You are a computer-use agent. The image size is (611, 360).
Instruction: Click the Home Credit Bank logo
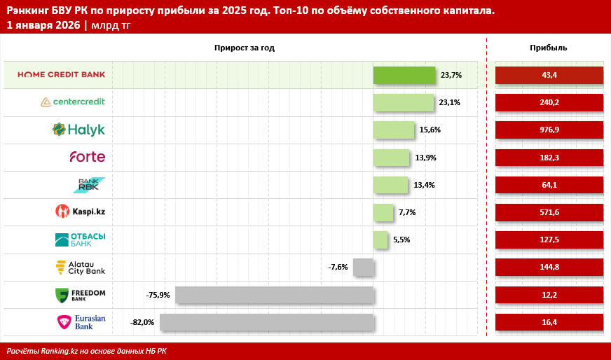click(61, 74)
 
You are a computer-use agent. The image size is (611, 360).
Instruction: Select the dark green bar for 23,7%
click(404, 75)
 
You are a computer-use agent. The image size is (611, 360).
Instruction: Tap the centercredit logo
click(73, 102)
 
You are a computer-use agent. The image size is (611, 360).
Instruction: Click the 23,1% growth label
click(449, 102)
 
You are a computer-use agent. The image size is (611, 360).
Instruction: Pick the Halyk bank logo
click(78, 130)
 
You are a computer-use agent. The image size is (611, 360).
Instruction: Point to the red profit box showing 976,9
click(549, 130)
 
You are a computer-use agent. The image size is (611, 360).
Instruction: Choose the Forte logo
click(87, 157)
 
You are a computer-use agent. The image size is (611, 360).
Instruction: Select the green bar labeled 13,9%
click(391, 157)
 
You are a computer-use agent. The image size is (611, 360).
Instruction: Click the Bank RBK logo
click(91, 184)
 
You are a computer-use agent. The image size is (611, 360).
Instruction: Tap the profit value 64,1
click(549, 185)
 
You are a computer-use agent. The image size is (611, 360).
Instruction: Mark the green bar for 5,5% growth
click(380, 240)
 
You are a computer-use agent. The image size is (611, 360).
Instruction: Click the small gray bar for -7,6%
click(363, 267)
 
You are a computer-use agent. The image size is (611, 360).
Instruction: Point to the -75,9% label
click(158, 295)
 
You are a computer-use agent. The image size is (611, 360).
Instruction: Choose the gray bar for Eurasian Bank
click(266, 322)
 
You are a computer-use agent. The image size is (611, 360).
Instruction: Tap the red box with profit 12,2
click(549, 295)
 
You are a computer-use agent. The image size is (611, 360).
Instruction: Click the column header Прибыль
click(549, 48)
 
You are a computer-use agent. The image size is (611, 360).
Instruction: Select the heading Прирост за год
click(245, 48)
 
